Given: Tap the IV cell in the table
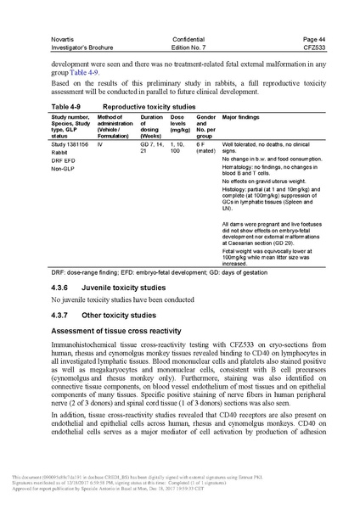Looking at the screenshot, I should tap(100, 145).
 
